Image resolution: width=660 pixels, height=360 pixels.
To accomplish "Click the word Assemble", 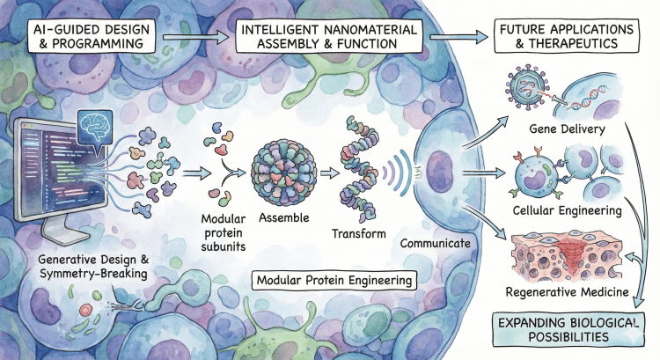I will (282, 217).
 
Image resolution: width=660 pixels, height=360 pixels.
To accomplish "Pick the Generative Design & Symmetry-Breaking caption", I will (92, 257).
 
